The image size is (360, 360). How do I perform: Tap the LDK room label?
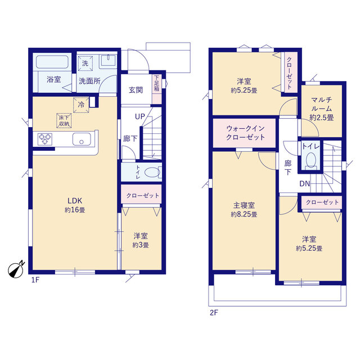pyautogui.click(x=75, y=201)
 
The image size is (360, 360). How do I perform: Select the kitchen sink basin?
pyautogui.click(x=82, y=139)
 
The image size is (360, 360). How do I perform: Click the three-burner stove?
pyautogui.click(x=44, y=139)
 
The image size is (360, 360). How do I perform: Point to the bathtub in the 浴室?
pyautogui.click(x=52, y=62)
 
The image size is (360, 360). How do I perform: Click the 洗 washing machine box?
pyautogui.click(x=85, y=63)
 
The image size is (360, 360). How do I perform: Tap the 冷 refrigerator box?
pyautogui.click(x=81, y=105)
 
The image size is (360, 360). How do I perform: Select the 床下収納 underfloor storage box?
pyautogui.click(x=64, y=120)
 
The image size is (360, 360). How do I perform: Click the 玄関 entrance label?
pyautogui.click(x=136, y=90)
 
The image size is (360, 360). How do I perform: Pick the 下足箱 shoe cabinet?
pyautogui.click(x=157, y=89)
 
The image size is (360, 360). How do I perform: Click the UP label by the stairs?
pyautogui.click(x=140, y=116)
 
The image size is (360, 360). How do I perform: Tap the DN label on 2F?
pyautogui.click(x=305, y=184)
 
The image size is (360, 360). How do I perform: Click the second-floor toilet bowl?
pyautogui.click(x=311, y=159)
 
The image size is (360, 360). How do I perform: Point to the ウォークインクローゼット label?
pyautogui.click(x=245, y=133)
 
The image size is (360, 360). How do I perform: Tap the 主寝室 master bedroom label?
pyautogui.click(x=244, y=205)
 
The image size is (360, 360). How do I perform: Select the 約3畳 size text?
pyautogui.click(x=141, y=245)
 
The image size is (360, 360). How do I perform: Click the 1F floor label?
pyautogui.click(x=35, y=280)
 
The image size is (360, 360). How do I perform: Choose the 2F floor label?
pyautogui.click(x=214, y=313)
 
